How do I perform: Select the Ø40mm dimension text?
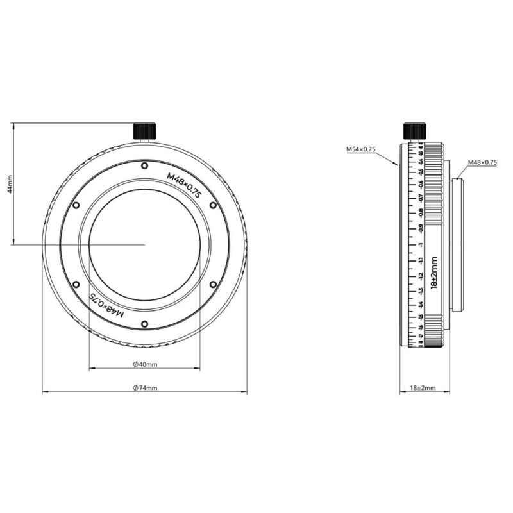point(145,364)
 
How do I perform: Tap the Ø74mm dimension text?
point(145,388)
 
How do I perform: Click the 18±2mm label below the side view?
point(423,388)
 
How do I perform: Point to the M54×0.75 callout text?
point(360,149)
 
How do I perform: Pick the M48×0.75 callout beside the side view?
point(482,162)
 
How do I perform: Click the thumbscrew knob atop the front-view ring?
point(145,130)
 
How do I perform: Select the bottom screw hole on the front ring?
point(145,323)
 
